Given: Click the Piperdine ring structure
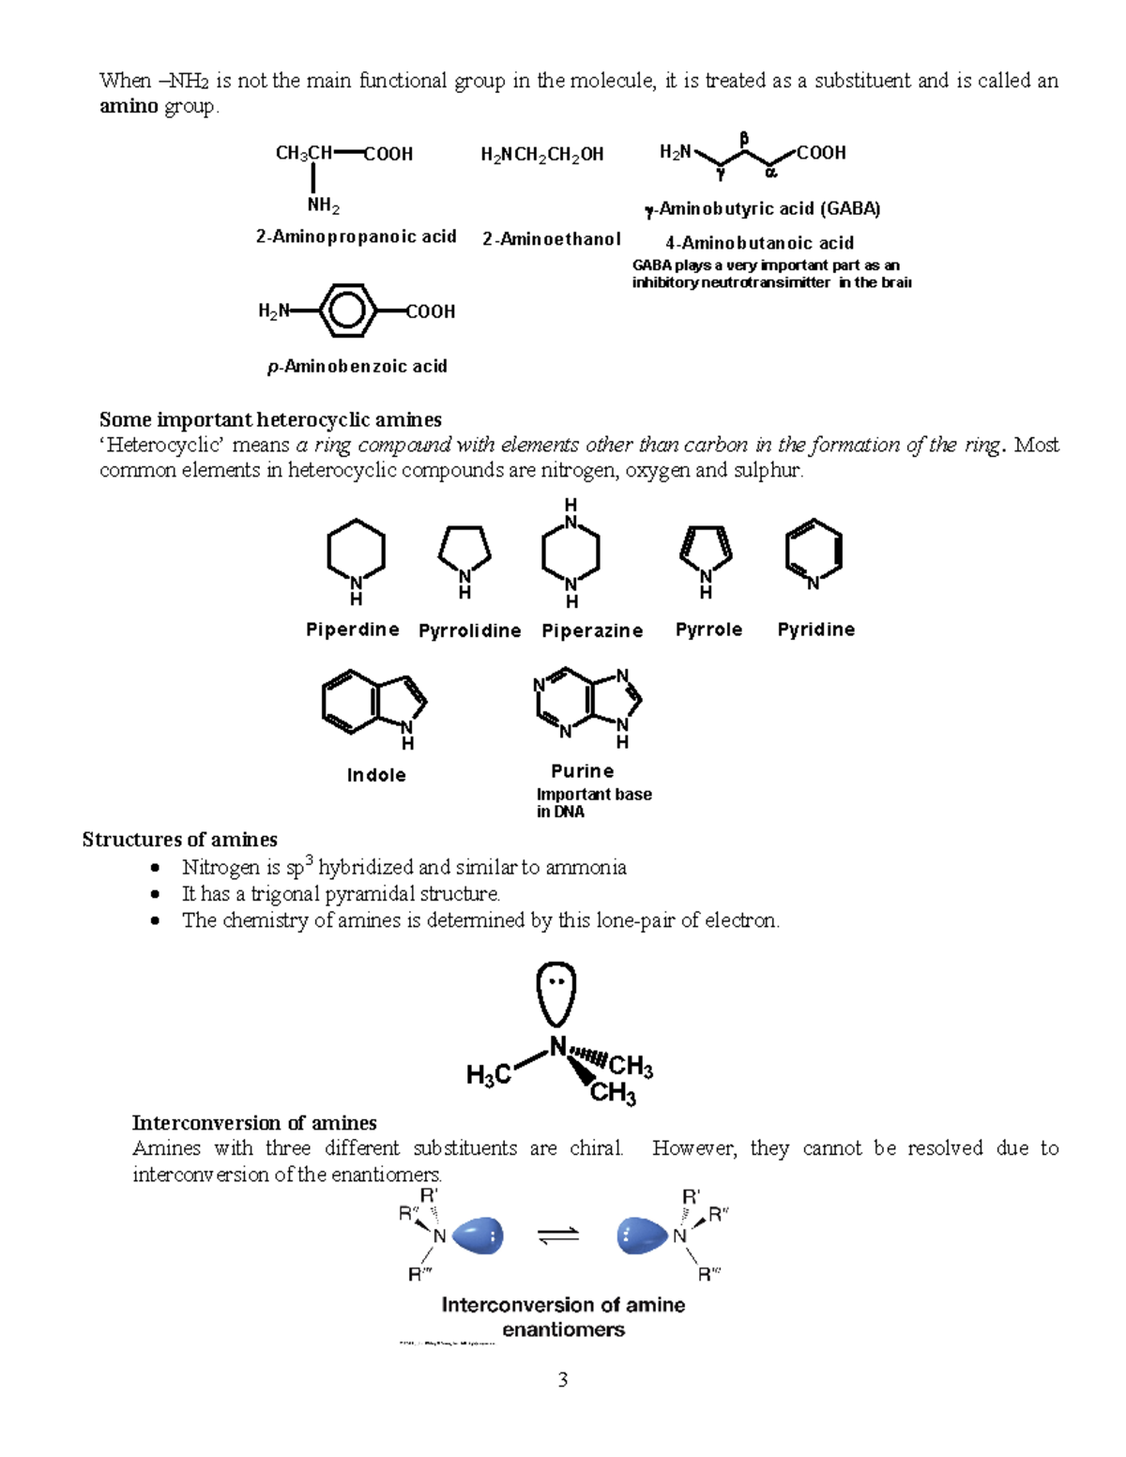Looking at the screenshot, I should (x=356, y=553).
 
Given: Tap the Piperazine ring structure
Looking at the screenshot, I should (x=571, y=553).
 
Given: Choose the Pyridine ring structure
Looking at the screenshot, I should (x=814, y=552).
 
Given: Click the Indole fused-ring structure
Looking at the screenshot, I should (x=373, y=702).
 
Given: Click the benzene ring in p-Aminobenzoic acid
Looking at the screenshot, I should (x=347, y=311).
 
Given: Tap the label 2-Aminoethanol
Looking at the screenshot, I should (x=552, y=239).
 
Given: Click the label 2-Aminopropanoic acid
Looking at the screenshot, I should (x=356, y=236).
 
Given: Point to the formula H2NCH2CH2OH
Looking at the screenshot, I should (x=542, y=155).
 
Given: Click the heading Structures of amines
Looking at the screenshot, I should (x=179, y=840).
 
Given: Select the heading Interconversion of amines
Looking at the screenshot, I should (x=254, y=1123).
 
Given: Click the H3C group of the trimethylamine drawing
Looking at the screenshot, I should (x=489, y=1075).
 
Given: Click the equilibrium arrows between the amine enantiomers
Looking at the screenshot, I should (x=559, y=1237).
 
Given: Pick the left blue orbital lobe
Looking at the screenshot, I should (x=478, y=1236).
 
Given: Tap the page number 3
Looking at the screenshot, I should (x=563, y=1379).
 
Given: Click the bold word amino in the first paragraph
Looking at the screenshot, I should (x=129, y=106).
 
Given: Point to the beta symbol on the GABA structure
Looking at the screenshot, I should (x=744, y=139).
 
